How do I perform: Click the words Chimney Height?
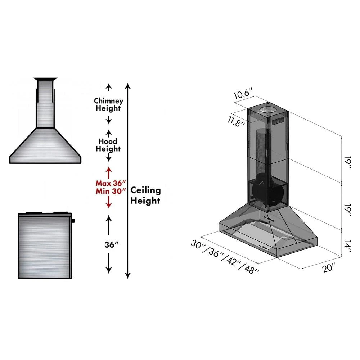coord(108,104)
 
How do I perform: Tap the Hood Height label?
coord(108,145)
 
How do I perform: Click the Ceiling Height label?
coord(145,195)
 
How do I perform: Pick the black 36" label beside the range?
coord(109,244)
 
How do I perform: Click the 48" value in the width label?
coord(251,269)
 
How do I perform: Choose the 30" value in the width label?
coord(198,244)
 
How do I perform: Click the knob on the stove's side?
coord(73,220)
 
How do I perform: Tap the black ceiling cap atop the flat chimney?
coord(45,79)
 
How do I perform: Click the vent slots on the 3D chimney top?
coord(278,120)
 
